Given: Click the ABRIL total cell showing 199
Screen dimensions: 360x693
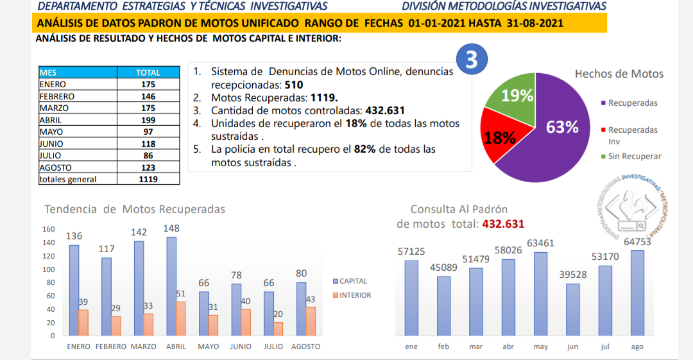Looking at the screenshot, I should [x=148, y=120].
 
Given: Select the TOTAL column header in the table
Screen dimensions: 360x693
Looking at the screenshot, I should [x=148, y=73].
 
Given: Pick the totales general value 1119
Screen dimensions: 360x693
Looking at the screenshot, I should [x=148, y=179].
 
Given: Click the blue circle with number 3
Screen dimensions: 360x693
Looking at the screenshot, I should [x=472, y=60].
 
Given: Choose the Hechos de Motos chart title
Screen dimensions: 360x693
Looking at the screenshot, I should [x=619, y=74].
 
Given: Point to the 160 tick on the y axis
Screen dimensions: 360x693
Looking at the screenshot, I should [x=48, y=229].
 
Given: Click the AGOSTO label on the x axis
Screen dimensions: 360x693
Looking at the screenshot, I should [x=305, y=347].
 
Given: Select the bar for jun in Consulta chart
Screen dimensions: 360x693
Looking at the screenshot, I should [x=572, y=309].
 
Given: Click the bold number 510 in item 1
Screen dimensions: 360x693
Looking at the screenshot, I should [x=293, y=84].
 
